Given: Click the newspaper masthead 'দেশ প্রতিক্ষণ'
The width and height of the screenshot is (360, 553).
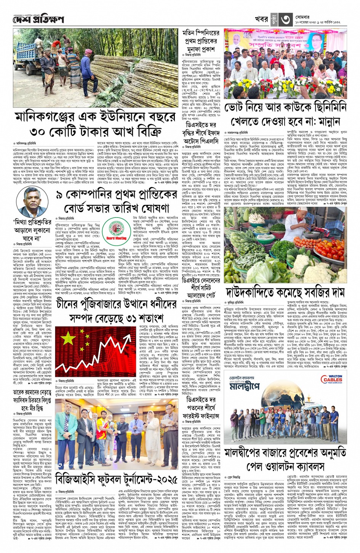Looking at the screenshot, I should click(x=38, y=19).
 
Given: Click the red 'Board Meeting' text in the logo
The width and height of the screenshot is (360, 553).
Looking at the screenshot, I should click(x=117, y=238).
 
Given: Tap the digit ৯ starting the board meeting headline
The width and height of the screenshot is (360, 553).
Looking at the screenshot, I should click(x=60, y=195).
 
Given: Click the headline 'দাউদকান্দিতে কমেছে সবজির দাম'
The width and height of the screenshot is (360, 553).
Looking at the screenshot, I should click(x=280, y=292).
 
